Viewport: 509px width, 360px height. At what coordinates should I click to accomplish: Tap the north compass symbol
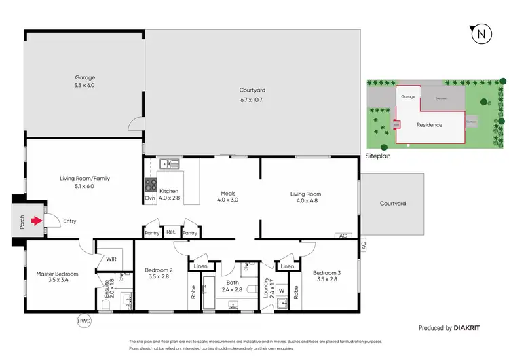tap(480, 33)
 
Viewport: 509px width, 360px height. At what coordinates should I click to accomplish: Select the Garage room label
tap(84, 81)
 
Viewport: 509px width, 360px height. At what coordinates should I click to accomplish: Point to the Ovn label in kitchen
tap(149, 198)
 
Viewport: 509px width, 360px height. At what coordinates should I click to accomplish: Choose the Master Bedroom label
tap(57, 277)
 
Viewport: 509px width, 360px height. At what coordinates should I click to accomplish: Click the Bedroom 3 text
tap(326, 276)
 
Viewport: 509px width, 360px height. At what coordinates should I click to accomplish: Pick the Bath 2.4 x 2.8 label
tap(233, 285)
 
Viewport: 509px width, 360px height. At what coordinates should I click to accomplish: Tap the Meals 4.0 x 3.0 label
tap(228, 197)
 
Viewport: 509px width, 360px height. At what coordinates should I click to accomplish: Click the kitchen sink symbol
tap(167, 164)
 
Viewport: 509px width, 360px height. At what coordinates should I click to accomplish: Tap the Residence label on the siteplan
tap(429, 124)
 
